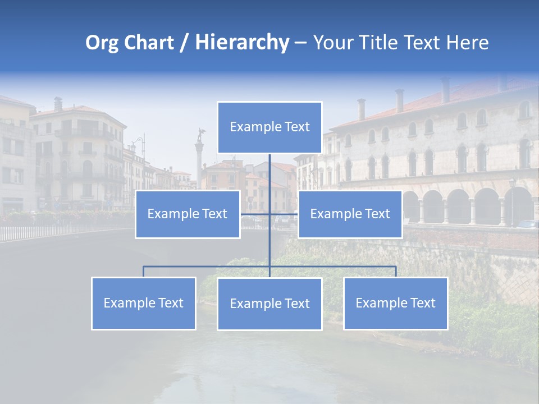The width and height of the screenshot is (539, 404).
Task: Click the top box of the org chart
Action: (x=269, y=127)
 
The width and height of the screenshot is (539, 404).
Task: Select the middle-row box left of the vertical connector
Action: (x=188, y=214)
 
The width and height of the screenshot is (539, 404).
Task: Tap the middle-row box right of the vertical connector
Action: (x=350, y=214)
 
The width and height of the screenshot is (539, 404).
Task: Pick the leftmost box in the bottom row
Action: (x=144, y=304)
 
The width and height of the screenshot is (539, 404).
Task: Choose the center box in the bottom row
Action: (x=269, y=304)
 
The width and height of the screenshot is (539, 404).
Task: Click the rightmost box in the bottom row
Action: (x=396, y=304)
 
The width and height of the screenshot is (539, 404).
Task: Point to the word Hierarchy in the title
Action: (x=241, y=43)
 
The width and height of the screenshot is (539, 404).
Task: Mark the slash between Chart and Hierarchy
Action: (x=184, y=43)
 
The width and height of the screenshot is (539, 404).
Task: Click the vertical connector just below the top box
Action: (x=269, y=168)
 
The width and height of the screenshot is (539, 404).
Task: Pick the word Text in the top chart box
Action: (x=296, y=127)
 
